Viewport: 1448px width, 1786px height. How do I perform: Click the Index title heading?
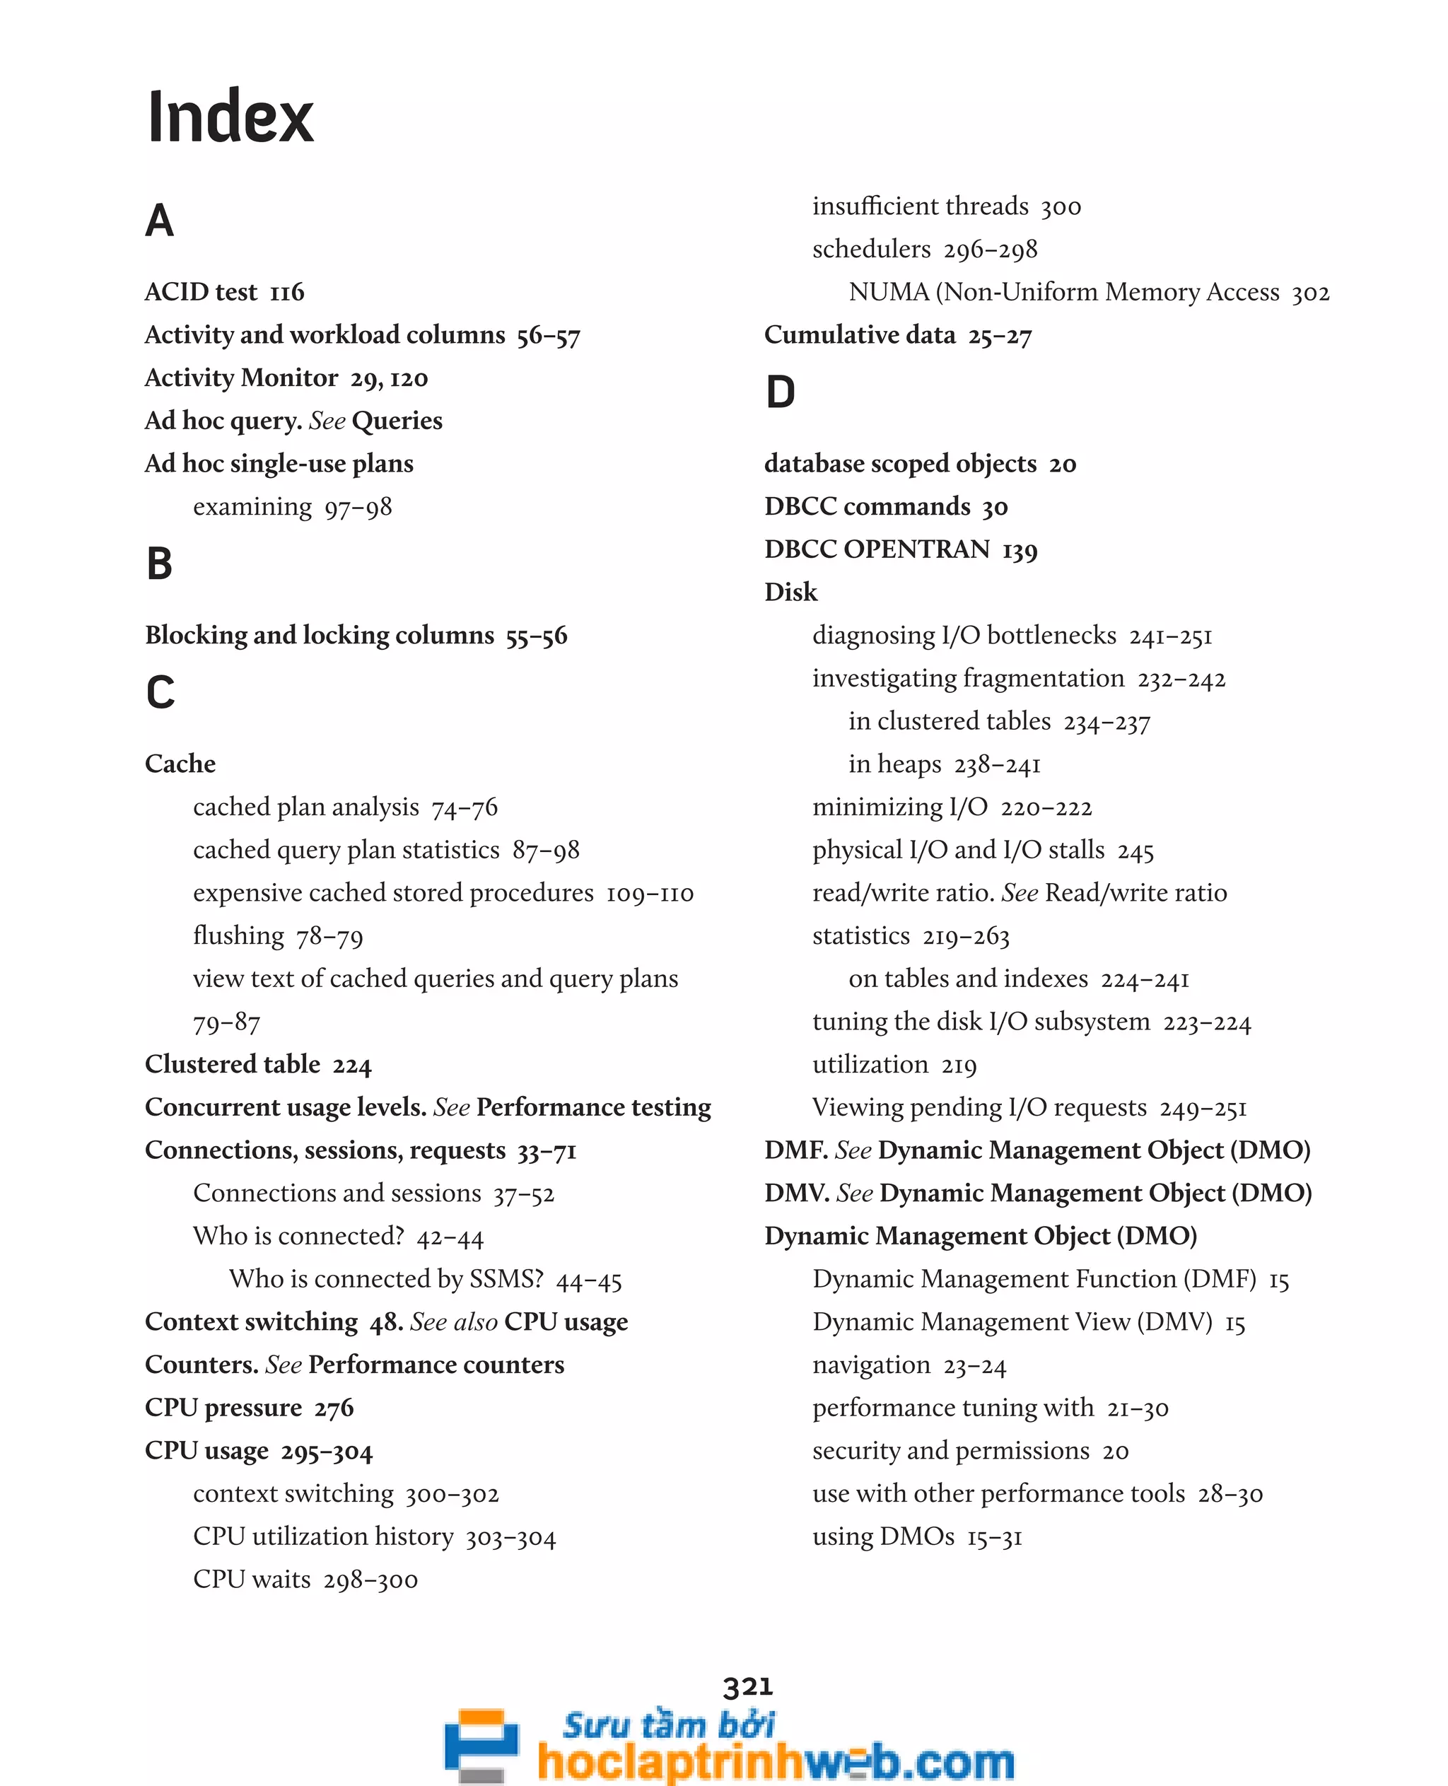tap(230, 117)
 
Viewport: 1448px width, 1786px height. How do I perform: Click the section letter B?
tap(159, 564)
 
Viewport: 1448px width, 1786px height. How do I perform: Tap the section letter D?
tap(780, 392)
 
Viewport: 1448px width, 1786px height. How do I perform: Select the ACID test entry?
tap(201, 292)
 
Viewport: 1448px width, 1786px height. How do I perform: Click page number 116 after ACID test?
tap(288, 293)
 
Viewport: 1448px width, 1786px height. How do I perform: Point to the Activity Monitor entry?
tap(241, 378)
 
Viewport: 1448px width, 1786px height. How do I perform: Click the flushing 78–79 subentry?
tap(278, 936)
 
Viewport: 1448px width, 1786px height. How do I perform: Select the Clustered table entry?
tap(232, 1064)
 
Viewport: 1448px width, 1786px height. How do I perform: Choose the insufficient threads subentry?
tap(920, 206)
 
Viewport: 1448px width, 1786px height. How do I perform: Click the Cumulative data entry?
tap(859, 335)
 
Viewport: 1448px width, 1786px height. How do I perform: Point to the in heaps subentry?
tap(894, 764)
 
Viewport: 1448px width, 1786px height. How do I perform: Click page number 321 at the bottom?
tap(747, 1686)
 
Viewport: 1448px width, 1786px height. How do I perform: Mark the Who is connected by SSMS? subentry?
tap(386, 1279)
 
